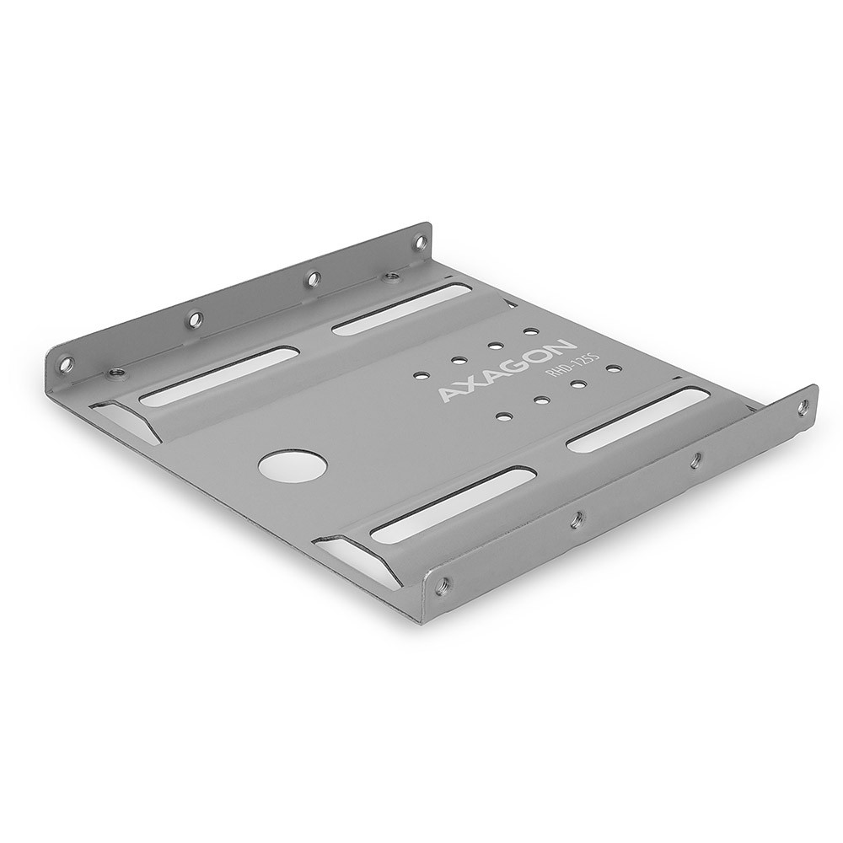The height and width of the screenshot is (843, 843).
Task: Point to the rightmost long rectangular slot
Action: pos(637,419)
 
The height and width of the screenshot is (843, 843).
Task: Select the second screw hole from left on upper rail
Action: pos(195,319)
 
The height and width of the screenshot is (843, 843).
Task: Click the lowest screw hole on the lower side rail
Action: pos(443,583)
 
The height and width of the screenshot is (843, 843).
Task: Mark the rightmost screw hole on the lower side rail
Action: pos(802,407)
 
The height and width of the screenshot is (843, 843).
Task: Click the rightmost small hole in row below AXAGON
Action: pos(614,368)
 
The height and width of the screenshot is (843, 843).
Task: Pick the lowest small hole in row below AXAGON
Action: pos(503,415)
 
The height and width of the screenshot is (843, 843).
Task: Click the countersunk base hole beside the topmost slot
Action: pos(390,276)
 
